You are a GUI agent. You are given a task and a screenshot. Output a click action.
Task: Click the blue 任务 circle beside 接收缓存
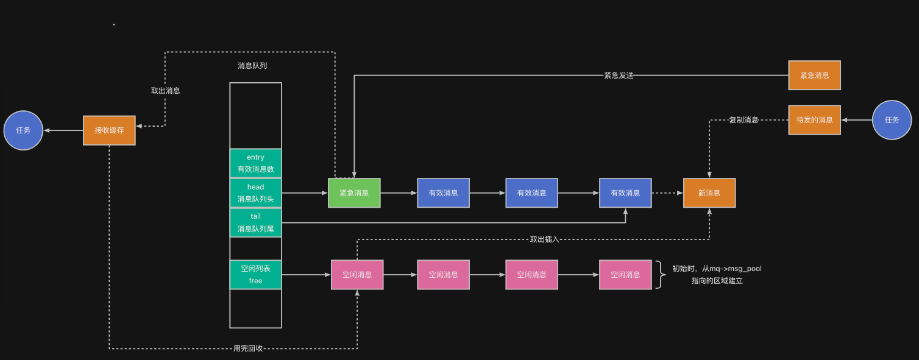coord(23,130)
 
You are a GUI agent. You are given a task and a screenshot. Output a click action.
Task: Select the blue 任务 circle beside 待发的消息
coord(892,120)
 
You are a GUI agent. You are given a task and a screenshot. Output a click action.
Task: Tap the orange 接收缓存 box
coord(109,130)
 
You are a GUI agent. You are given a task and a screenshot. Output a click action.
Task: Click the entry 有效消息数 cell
coord(255,163)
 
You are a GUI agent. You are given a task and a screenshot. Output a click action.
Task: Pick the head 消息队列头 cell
coord(255,192)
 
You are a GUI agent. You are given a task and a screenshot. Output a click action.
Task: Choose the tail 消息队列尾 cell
coord(255,222)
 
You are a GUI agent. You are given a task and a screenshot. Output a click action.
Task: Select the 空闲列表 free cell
coord(255,275)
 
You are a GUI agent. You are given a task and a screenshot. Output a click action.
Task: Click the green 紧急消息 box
coord(354,193)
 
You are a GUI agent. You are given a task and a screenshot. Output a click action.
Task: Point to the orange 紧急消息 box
coord(814,76)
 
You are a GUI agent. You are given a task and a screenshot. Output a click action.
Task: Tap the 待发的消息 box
coord(814,120)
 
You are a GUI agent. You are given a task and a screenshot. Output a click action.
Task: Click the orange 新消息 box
coord(709,193)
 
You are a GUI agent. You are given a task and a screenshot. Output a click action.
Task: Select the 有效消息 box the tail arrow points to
coord(625,193)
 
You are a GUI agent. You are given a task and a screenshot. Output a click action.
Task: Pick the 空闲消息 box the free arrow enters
coord(357,275)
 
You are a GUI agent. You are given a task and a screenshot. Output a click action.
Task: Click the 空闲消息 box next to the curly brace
coord(625,275)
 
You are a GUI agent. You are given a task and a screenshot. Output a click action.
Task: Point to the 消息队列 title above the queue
coord(252,65)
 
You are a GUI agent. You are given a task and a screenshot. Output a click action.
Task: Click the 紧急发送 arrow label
coord(619,76)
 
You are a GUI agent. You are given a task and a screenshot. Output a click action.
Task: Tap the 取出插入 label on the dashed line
coord(544,239)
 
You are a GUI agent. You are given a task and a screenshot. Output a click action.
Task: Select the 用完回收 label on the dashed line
coord(248,348)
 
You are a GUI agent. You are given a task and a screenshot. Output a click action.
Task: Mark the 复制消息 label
coord(743,120)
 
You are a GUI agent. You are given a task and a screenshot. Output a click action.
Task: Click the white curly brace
coord(661,275)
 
